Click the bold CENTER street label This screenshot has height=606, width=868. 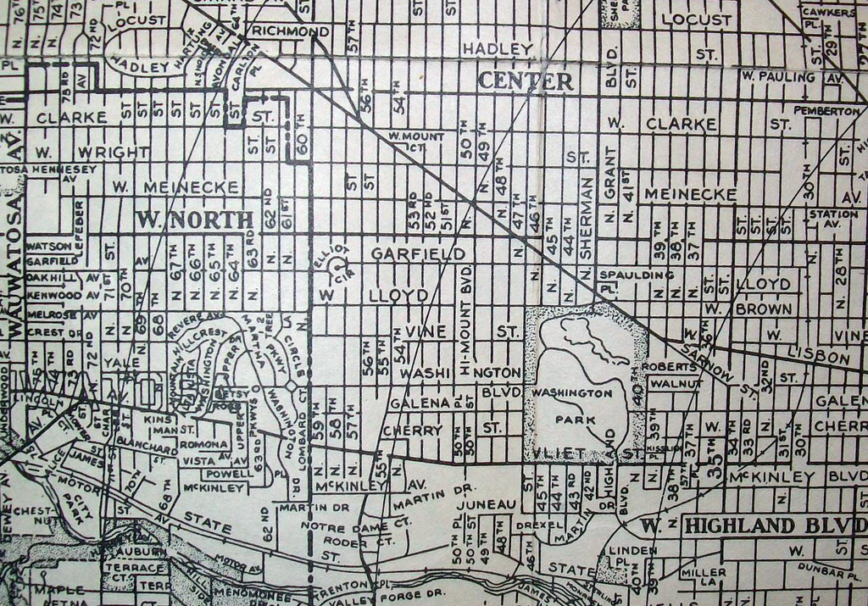pyautogui.click(x=526, y=81)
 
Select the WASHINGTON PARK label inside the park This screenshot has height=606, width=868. pyautogui.click(x=571, y=406)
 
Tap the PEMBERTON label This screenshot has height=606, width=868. pyautogui.click(x=826, y=111)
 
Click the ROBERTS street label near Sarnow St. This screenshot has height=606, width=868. pyautogui.click(x=670, y=368)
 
